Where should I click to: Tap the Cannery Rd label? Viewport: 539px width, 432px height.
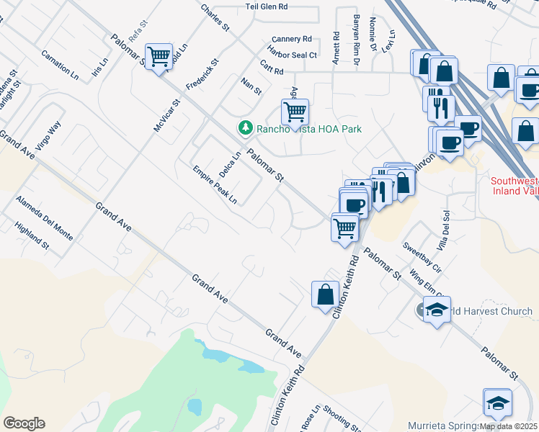292,39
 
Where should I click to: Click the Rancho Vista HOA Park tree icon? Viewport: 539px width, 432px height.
246,128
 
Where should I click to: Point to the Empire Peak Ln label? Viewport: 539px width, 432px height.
215,185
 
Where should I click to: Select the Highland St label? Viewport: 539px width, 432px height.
32,235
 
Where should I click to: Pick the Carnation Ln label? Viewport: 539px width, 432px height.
60,63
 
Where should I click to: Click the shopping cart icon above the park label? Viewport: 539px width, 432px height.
294,112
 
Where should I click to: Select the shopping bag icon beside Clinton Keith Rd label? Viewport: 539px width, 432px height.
325,293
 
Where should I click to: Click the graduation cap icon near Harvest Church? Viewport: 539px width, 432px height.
437,310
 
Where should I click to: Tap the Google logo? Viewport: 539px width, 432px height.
24,423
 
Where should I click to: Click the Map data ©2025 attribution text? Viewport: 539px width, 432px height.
509,426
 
